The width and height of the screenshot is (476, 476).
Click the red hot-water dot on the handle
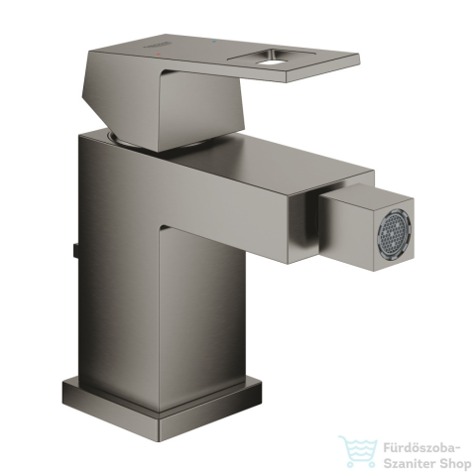tap(158, 54)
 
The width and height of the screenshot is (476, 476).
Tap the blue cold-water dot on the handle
tap(213, 43)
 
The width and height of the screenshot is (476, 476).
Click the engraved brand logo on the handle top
tap(158, 46)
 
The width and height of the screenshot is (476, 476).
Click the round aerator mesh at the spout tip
tap(396, 232)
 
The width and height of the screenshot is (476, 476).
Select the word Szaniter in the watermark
tap(408, 464)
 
